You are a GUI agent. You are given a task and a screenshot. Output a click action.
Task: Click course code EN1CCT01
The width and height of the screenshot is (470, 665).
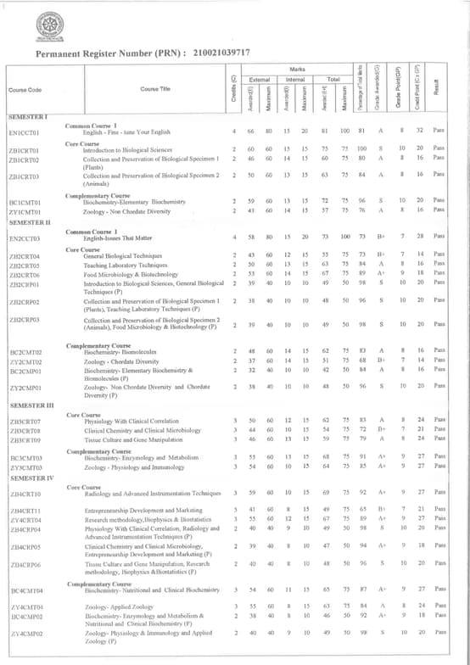click(x=25, y=132)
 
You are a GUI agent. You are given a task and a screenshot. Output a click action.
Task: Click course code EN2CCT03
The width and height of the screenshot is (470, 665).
click(x=25, y=239)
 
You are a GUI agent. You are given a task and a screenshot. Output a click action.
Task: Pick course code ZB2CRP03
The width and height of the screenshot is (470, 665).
click(x=25, y=321)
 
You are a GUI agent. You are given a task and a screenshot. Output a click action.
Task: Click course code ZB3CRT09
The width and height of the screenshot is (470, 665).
click(x=25, y=439)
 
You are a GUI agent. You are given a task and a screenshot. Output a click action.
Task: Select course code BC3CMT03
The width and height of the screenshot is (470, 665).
click(x=25, y=457)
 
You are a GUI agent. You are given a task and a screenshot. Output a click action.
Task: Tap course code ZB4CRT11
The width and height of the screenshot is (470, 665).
click(x=25, y=511)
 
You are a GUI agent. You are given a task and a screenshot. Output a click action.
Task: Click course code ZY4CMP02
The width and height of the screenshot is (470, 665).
click(x=25, y=632)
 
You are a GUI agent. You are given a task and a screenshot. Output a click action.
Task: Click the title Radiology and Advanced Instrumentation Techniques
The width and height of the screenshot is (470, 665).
click(x=152, y=492)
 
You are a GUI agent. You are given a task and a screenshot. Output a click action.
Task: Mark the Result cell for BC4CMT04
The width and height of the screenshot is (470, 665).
click(x=439, y=588)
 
